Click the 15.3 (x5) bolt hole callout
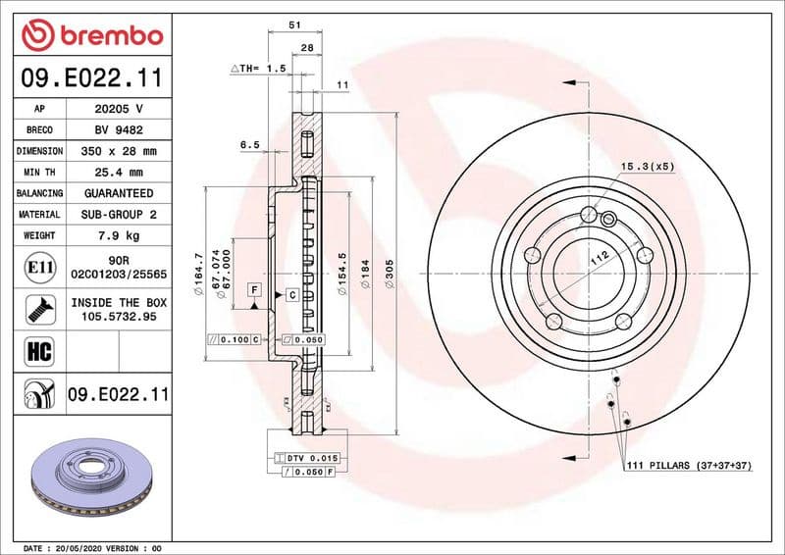648,168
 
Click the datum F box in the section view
254,290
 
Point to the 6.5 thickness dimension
250,145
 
